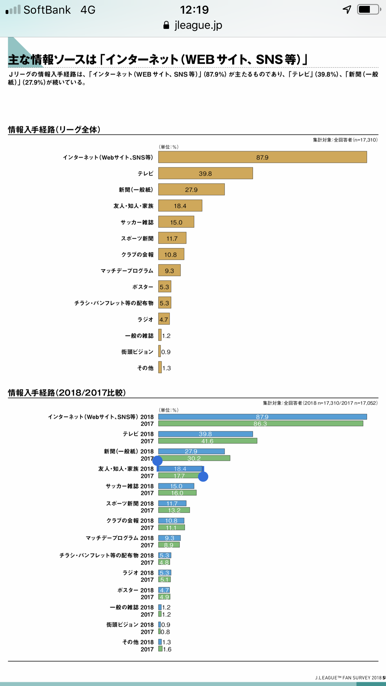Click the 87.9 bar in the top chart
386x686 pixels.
coord(262,157)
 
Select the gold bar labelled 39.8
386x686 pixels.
coord(205,173)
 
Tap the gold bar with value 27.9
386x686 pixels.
coord(191,190)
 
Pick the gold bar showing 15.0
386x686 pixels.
coord(176,222)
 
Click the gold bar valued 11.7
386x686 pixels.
coord(172,238)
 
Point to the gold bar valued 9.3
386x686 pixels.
coord(169,271)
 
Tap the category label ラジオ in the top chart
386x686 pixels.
coord(145,319)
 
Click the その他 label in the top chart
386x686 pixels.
coord(145,368)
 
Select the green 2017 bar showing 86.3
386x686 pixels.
coord(260,423)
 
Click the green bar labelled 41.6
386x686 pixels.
coord(207,441)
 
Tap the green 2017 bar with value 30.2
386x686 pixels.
coord(194,458)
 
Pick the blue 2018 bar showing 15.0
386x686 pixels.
coord(176,486)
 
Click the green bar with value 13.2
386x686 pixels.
coord(174,510)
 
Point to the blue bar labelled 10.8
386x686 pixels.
coord(171,520)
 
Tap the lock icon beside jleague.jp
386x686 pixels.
coord(166,25)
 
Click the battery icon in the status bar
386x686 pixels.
coord(369,10)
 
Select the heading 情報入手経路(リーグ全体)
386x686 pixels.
coord(54,130)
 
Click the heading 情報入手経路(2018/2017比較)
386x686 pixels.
coord(67,393)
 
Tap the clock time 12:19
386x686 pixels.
coord(194,10)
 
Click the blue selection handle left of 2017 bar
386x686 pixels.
coord(158,461)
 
